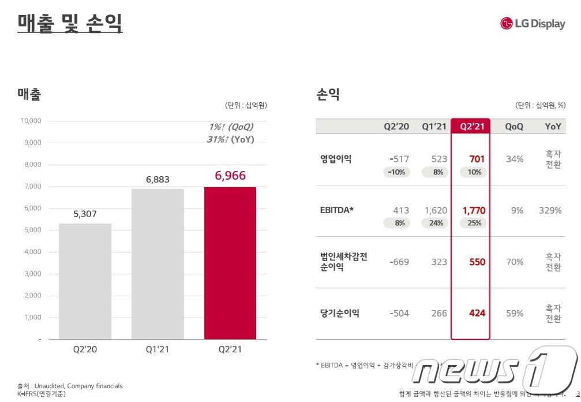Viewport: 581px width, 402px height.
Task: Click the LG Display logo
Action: point(533,24)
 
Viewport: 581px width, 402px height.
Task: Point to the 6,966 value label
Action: point(230,175)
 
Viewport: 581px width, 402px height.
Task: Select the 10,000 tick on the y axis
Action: point(30,121)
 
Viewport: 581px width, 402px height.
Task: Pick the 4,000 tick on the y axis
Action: point(32,252)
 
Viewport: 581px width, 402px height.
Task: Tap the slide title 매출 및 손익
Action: point(70,24)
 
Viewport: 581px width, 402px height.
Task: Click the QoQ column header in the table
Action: point(514,126)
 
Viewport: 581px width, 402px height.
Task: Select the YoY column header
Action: point(553,126)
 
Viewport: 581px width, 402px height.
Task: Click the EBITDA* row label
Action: point(337,210)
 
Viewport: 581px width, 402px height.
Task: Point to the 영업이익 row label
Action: point(335,159)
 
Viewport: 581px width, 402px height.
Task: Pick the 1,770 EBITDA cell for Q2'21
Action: point(474,211)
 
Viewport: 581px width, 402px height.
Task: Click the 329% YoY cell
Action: point(550,211)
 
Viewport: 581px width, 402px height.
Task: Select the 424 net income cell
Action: point(477,313)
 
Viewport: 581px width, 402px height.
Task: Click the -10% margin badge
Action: point(396,172)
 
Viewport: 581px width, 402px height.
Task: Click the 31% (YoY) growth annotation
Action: point(230,139)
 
